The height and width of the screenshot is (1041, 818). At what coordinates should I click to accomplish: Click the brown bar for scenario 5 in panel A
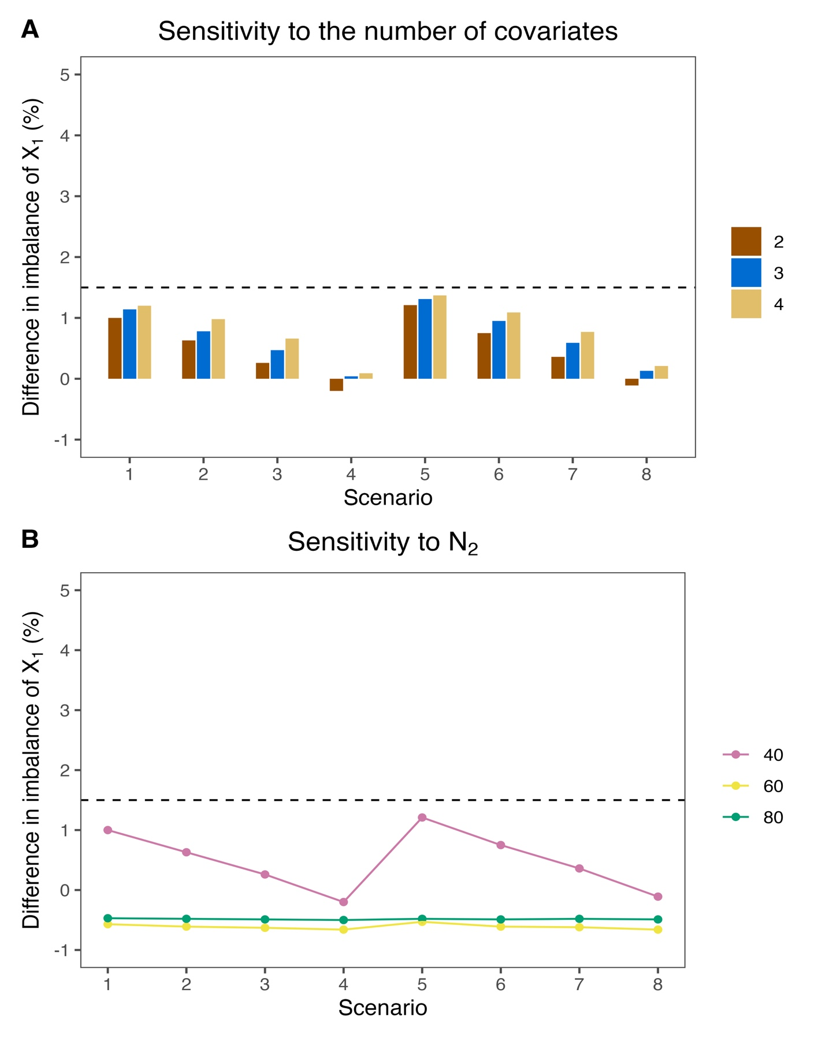click(x=410, y=342)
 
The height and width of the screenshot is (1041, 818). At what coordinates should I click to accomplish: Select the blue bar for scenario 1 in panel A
click(x=129, y=344)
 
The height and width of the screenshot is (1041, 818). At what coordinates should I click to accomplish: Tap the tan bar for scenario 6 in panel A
click(x=514, y=346)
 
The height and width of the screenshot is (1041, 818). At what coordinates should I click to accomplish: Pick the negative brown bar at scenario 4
click(x=336, y=385)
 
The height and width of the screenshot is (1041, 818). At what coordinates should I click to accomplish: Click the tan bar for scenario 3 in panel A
click(x=292, y=359)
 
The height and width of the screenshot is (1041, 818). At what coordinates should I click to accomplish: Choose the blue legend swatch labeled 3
click(x=746, y=273)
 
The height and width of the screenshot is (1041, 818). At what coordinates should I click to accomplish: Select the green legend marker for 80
click(x=735, y=817)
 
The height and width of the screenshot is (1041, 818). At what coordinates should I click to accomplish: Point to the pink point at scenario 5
click(x=422, y=818)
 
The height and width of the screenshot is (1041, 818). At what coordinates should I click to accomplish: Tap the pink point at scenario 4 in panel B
click(x=344, y=902)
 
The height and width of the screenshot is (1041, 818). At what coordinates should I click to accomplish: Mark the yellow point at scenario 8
click(x=658, y=930)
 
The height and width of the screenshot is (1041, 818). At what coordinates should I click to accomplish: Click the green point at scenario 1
click(x=107, y=918)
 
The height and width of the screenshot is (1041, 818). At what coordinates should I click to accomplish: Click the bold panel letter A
click(x=30, y=29)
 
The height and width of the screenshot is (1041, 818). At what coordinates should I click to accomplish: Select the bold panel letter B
click(x=30, y=539)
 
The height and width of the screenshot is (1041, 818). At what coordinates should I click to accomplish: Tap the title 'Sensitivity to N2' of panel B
click(x=382, y=543)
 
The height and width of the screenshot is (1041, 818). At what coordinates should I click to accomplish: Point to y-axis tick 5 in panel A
click(x=65, y=75)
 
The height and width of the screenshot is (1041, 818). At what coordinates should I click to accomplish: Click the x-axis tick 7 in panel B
click(x=579, y=984)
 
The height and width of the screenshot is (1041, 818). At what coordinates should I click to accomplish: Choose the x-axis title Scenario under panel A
click(x=388, y=498)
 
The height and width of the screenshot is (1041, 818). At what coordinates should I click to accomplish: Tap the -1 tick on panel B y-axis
click(x=62, y=950)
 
